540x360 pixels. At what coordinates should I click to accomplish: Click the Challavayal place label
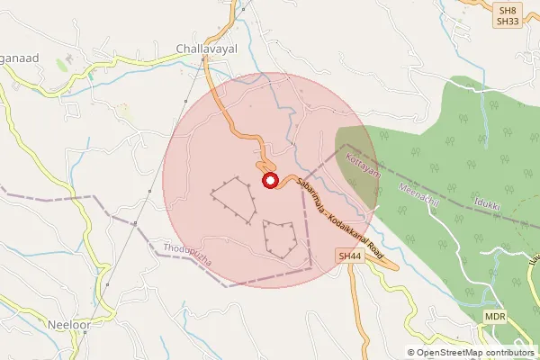coord(206,50)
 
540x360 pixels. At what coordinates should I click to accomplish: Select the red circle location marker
coord(269,182)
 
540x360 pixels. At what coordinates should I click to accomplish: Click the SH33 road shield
coord(507,22)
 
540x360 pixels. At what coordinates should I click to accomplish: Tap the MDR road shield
coord(494,318)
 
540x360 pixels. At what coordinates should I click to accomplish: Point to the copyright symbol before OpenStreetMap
coord(411,353)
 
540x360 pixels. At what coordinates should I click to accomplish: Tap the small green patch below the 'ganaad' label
coord(62,66)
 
